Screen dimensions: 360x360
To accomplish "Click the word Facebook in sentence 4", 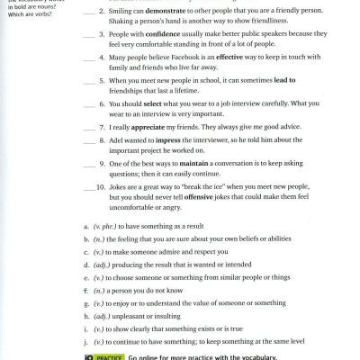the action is point(178,67).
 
